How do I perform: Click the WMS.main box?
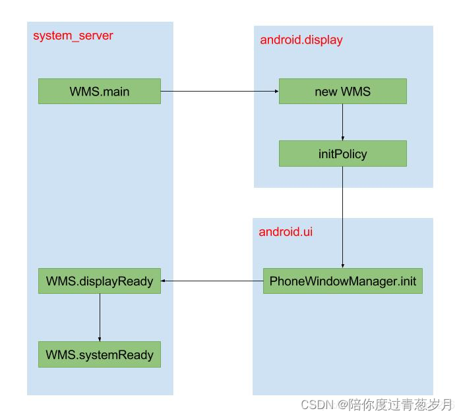coord(99,91)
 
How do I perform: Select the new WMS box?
coord(342,91)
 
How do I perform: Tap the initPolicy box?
coord(342,153)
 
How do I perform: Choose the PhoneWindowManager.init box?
coord(342,281)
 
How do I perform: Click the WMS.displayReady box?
coord(99,281)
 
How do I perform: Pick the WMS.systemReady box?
coord(99,354)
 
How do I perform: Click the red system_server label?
coord(73,36)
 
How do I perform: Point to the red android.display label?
coord(301,40)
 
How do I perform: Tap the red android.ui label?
coord(286,231)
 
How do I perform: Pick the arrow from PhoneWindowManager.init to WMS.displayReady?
coord(212,281)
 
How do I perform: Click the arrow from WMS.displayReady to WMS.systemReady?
coord(100,317)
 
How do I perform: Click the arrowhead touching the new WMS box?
coord(275,91)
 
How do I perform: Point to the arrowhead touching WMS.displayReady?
coord(165,281)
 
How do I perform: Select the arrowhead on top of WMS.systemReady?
coord(100,338)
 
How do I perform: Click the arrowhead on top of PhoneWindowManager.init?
coord(342,264)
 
